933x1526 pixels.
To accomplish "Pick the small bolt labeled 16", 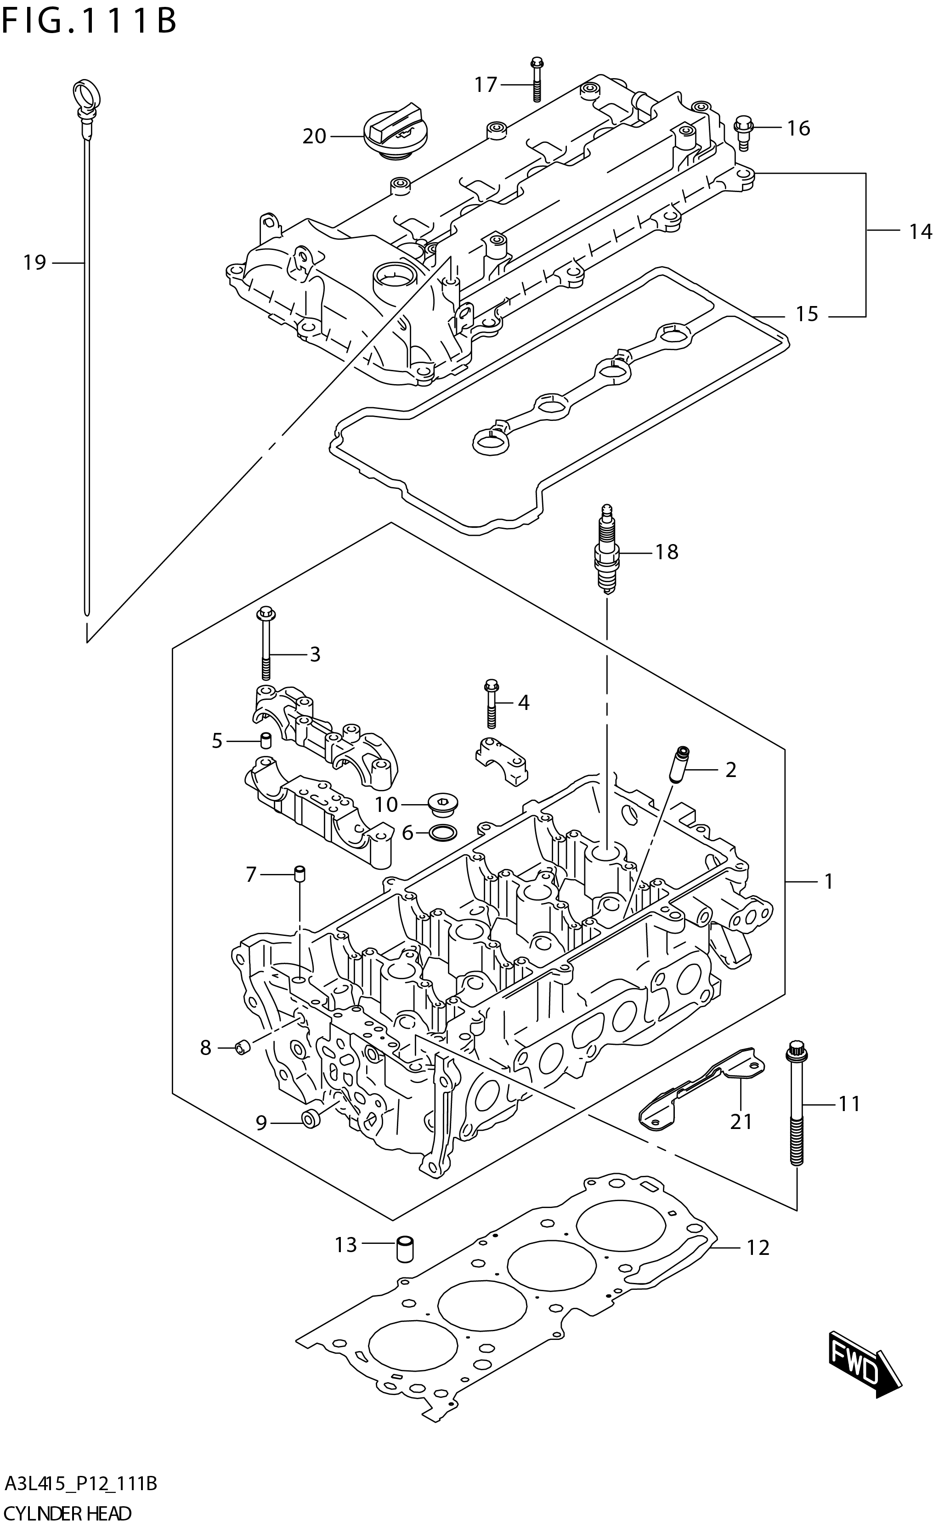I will coord(743,132).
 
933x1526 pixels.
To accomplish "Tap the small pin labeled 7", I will coord(299,874).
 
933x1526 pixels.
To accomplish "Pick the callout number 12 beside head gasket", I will coord(757,1247).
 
